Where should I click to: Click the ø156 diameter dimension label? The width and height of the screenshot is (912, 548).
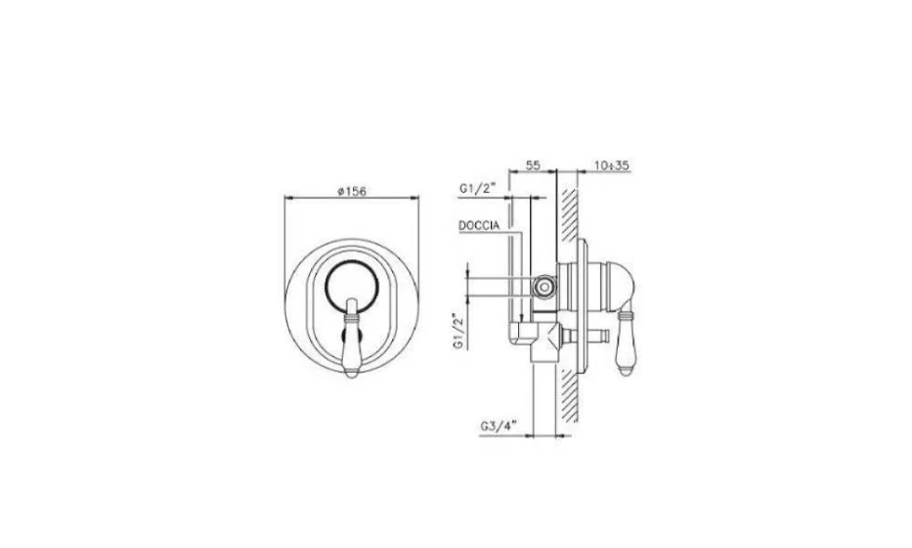point(352,191)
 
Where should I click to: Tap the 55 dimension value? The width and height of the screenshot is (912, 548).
point(533,165)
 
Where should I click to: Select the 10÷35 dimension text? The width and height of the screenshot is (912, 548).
point(612,165)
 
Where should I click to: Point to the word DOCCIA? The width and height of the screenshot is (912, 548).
point(479,225)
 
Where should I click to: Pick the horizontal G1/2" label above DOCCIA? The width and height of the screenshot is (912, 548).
point(477,188)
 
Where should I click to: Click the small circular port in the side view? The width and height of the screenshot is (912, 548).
point(544,287)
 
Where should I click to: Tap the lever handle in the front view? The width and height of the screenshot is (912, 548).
point(352,338)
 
